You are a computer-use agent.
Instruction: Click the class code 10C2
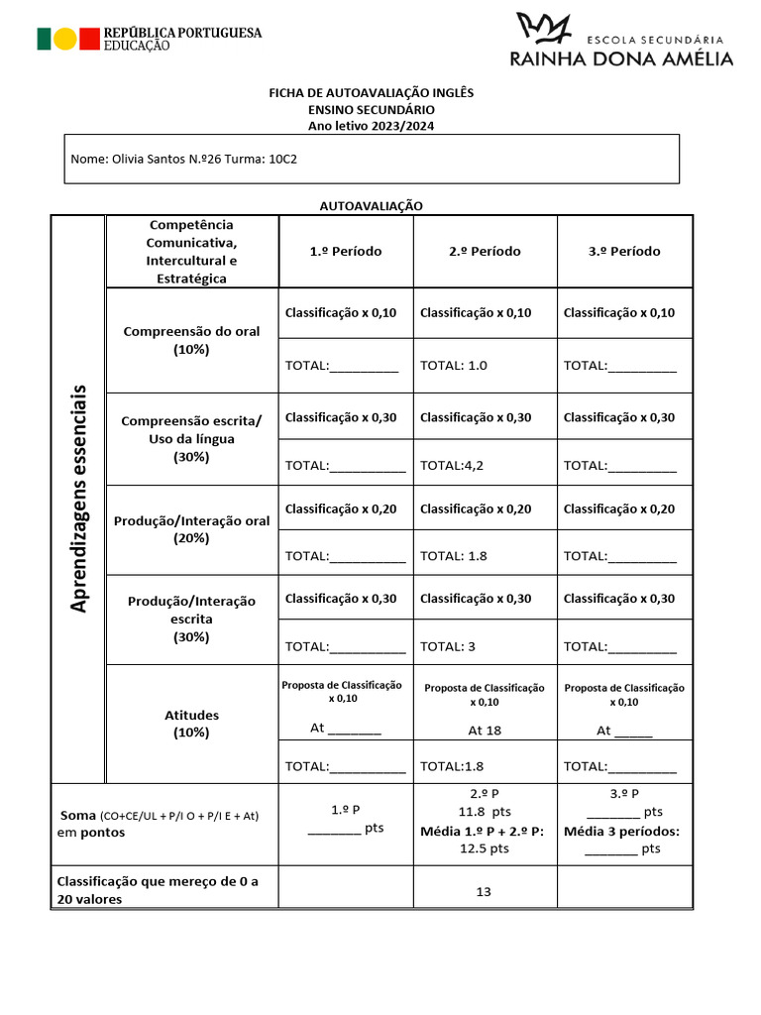pos(282,159)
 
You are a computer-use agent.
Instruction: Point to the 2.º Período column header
pos(484,251)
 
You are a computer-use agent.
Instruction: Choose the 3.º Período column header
pos(623,251)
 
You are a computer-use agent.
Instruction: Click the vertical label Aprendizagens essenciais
pos(78,499)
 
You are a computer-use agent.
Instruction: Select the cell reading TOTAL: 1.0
pos(454,365)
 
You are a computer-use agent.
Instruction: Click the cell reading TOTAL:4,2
pos(452,465)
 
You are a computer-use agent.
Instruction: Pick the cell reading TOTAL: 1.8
pos(454,556)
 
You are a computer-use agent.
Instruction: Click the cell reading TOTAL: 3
pos(448,646)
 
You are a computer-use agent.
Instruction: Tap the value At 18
pos(485,731)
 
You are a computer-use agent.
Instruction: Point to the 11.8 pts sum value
pos(485,812)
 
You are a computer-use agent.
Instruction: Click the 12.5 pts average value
pos(485,848)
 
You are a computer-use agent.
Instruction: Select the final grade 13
pos(484,891)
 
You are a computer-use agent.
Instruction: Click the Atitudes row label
pos(192,724)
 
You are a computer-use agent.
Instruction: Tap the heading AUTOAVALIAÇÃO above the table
pos(371,205)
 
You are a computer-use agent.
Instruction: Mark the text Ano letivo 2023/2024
pos(372,126)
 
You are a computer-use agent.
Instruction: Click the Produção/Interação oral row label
pos(191,529)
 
